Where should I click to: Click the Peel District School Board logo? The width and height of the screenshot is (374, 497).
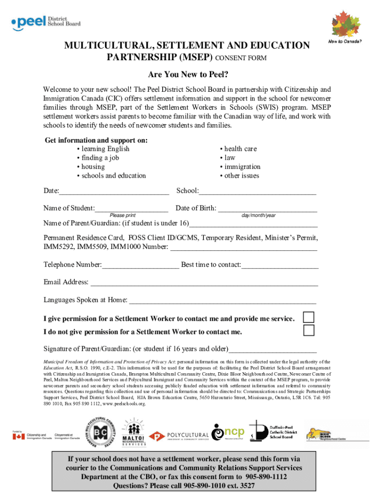pos(46,21)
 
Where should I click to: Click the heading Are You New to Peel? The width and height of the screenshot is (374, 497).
pos(187,76)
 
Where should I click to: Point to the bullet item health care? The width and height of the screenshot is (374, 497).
pos(240,149)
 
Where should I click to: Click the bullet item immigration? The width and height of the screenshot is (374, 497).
pos(242,167)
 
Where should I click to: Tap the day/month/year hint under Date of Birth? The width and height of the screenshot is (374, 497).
pos(258,215)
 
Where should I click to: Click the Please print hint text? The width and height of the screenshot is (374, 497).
pos(122,215)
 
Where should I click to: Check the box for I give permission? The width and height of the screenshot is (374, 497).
pos(308,317)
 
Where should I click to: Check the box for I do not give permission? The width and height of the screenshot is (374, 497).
pos(308,331)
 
